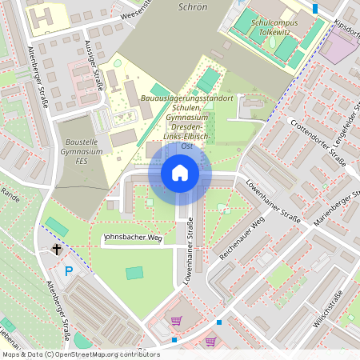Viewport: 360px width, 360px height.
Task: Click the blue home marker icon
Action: pyautogui.click(x=180, y=173)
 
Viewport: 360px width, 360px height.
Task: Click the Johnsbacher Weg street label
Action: pyautogui.click(x=134, y=238)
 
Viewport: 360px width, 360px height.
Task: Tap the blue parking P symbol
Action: pyautogui.click(x=69, y=271)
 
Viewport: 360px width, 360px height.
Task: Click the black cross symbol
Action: pyautogui.click(x=57, y=250)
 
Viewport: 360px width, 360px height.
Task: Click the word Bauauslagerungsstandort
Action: pyautogui.click(x=186, y=98)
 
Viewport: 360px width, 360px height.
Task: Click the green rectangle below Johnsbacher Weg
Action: pyautogui.click(x=134, y=273)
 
